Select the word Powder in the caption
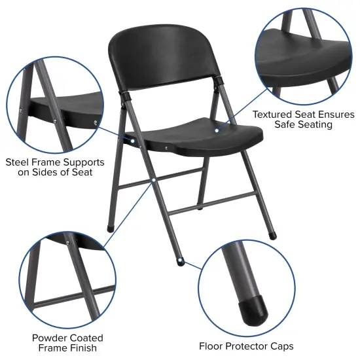click(x=50, y=338)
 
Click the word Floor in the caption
click(x=213, y=345)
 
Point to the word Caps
click(x=279, y=345)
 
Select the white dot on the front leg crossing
click(x=153, y=179)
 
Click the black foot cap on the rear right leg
click(x=272, y=232)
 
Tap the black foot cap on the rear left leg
click(x=110, y=228)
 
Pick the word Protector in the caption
click(x=247, y=345)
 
